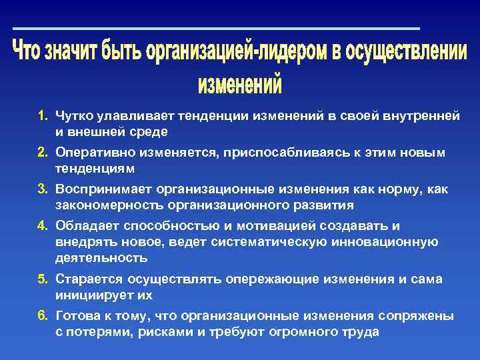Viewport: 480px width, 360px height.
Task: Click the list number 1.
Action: coord(42,116)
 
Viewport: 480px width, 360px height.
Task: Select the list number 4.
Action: coord(42,225)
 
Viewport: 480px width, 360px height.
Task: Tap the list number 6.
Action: coord(42,315)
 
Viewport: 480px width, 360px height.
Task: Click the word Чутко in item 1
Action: coord(74,116)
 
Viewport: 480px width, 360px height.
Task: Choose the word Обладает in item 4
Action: coord(83,225)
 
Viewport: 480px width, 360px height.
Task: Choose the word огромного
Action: coord(301,331)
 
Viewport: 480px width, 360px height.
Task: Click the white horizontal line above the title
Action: coord(216,29)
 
